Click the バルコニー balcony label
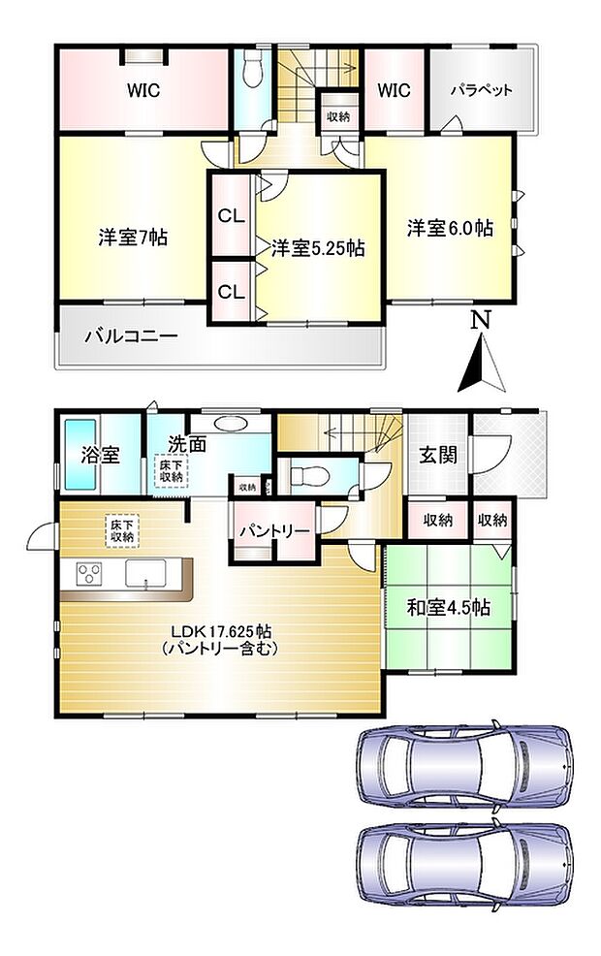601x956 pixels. [x=130, y=337]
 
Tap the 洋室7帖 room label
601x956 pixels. [x=133, y=237]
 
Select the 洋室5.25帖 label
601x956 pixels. [x=317, y=248]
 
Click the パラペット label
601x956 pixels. [x=481, y=91]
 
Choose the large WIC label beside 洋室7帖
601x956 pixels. [x=142, y=91]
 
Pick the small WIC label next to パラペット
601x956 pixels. [x=394, y=91]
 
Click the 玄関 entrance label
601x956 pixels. [x=438, y=455]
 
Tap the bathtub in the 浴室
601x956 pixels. [x=77, y=454]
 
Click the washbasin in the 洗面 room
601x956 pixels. [x=232, y=424]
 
